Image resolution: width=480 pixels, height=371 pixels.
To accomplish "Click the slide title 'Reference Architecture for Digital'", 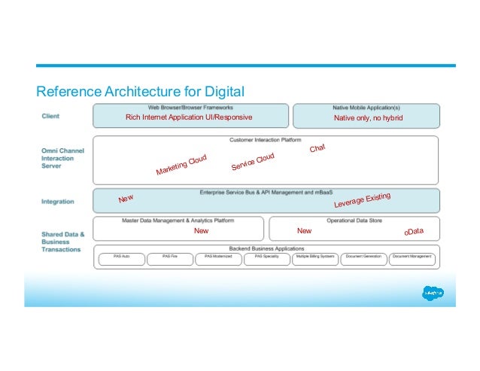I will tap(141, 93).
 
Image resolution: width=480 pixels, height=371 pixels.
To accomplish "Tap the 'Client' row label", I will tap(50, 117).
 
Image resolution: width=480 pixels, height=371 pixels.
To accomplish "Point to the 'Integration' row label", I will tap(58, 202).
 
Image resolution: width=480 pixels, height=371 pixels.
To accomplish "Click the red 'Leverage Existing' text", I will tap(362, 201).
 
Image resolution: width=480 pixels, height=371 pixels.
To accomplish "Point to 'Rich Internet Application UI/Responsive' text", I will tap(189, 117).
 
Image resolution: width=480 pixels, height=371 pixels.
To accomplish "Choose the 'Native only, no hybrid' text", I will tap(368, 118).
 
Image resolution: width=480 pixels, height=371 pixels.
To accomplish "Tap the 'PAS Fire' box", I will tap(169, 257).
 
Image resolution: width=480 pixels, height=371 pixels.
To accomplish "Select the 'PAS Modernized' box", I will tap(218, 257).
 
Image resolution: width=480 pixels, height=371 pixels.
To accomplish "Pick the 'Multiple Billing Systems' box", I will tap(315, 257).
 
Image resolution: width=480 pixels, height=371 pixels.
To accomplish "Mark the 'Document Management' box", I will tap(412, 257).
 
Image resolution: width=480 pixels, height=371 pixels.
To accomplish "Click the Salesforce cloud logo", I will tap(432, 292).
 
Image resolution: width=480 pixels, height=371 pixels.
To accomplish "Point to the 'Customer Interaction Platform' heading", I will tap(266, 140).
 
